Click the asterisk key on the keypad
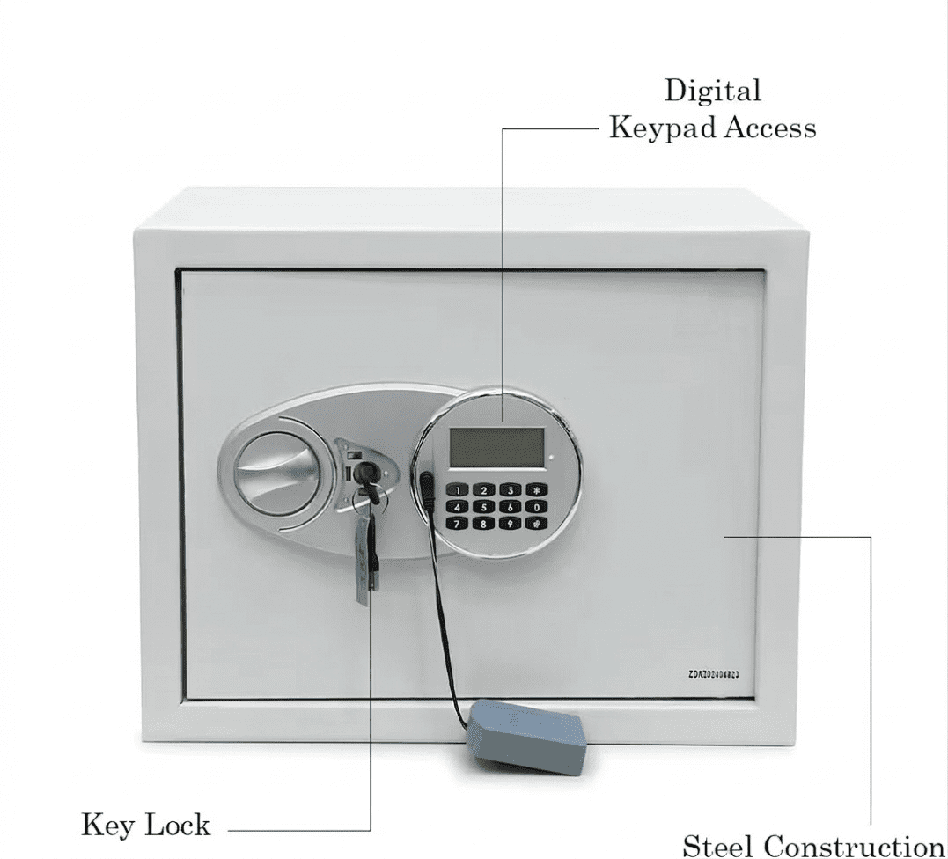(x=535, y=489)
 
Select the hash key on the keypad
(x=535, y=523)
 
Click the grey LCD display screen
(x=496, y=447)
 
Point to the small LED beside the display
(x=550, y=458)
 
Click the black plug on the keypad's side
(x=427, y=488)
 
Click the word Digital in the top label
(x=713, y=91)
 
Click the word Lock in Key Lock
(x=178, y=825)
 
